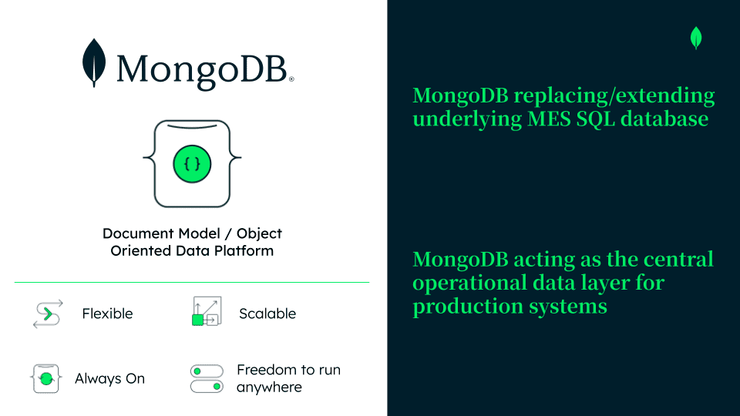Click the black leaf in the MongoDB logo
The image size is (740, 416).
tap(94, 63)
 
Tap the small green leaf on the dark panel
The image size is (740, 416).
tap(696, 38)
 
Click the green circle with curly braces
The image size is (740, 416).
tap(192, 163)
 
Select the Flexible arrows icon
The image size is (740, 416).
tap(46, 314)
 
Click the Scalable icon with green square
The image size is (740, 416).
tap(206, 311)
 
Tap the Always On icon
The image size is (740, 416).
tap(46, 379)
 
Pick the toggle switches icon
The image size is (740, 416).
tap(207, 378)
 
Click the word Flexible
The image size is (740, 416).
tap(107, 314)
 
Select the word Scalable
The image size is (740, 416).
tap(267, 314)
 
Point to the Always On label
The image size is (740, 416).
tap(109, 379)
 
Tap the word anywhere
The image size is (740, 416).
tap(269, 387)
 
